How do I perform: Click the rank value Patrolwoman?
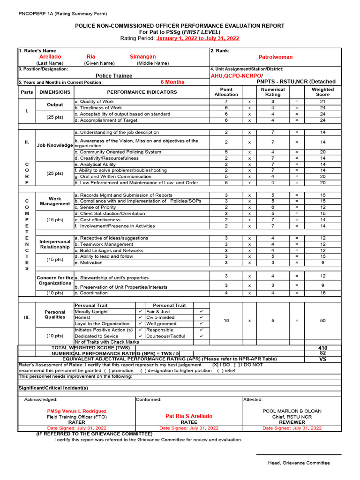pyautogui.click(x=275, y=57)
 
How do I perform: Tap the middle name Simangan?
pyautogui.click(x=142, y=56)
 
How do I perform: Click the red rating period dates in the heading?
pyautogui.click(x=197, y=38)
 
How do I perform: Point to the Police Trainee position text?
pyautogui.click(x=114, y=75)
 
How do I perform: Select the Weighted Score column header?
pyautogui.click(x=322, y=92)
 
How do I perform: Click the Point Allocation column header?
pyautogui.click(x=226, y=92)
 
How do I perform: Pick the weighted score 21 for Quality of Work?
pyautogui.click(x=322, y=102)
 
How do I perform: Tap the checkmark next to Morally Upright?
pyautogui.click(x=140, y=312)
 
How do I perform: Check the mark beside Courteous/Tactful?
pyautogui.click(x=201, y=336)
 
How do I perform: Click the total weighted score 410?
pyautogui.click(x=322, y=348)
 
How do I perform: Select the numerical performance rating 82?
pyautogui.click(x=322, y=353)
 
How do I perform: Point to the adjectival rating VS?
pyautogui.click(x=322, y=359)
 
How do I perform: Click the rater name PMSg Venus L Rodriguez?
pyautogui.click(x=74, y=411)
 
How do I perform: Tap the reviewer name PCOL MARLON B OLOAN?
pyautogui.click(x=292, y=411)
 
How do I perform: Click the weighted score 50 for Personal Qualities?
pyautogui.click(x=322, y=321)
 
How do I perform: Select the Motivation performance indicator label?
pyautogui.click(x=89, y=263)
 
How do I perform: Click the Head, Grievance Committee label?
pyautogui.click(x=299, y=463)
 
